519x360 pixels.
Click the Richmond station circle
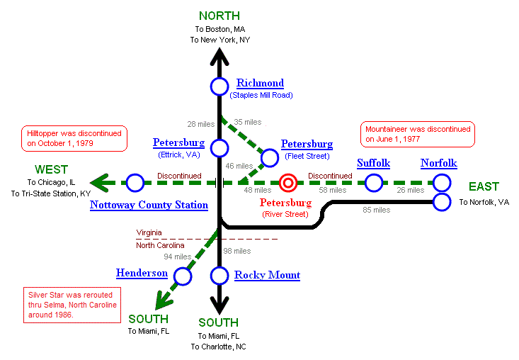(219, 86)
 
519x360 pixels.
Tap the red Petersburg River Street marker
(287, 184)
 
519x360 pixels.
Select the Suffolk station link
(373, 163)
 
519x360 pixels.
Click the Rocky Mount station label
(267, 275)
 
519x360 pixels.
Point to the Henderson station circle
(183, 276)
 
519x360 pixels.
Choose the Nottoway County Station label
(149, 206)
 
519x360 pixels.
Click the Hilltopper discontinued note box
(74, 138)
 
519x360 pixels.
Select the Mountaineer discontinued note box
(418, 134)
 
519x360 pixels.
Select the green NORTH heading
(219, 16)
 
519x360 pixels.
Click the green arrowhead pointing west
(101, 184)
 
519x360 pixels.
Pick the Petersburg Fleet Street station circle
(270, 157)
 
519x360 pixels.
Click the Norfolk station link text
(438, 163)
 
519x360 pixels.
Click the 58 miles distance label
(332, 190)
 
